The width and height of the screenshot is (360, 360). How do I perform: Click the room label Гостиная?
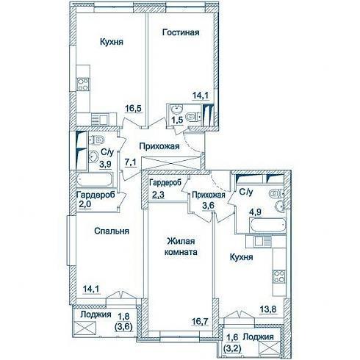pos(181,32)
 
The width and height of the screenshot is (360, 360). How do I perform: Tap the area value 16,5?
pos(134,108)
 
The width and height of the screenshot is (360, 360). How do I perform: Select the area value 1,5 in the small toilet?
pos(177,120)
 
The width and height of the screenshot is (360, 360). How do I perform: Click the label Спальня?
pos(112,231)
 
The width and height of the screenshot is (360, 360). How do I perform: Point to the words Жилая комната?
pos(181,247)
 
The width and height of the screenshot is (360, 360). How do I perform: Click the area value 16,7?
pos(200,321)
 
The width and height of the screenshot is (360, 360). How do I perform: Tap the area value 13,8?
pos(268,309)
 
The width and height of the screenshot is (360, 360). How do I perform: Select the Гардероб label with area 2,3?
pos(165,182)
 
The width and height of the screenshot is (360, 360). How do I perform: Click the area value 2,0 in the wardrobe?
pos(84,204)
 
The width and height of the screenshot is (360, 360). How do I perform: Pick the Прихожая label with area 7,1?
pos(159,146)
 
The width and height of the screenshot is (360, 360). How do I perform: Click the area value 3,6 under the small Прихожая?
pos(208,205)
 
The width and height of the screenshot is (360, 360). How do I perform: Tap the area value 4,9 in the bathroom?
pos(256,212)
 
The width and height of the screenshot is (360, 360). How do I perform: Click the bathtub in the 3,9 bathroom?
pos(95,179)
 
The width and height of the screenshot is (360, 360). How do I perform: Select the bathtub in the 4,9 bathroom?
pos(267,226)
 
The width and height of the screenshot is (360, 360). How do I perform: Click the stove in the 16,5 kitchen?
pos(83,84)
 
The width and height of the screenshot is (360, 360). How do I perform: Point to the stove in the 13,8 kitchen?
pos(279,276)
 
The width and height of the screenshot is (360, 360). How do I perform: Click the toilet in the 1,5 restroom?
pos(193,117)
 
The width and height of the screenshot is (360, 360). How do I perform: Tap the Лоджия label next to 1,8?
pos(96,314)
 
